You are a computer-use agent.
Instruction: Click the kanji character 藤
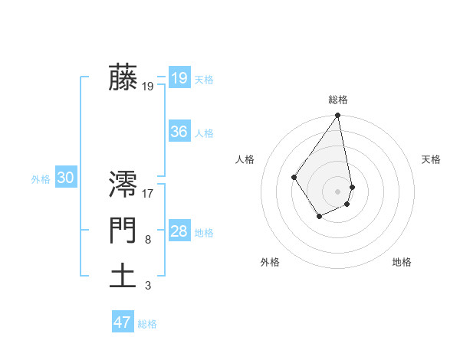[x=123, y=78]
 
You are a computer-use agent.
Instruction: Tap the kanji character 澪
[x=123, y=186]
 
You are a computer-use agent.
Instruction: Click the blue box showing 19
[x=179, y=78]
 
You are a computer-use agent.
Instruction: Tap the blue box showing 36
[x=179, y=132]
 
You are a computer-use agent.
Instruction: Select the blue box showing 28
[x=179, y=231]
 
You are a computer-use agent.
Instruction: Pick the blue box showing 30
[x=65, y=178]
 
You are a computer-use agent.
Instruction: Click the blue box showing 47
[x=123, y=322]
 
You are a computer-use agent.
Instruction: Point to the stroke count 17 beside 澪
[x=149, y=194]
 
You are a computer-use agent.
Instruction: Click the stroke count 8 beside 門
[x=148, y=240]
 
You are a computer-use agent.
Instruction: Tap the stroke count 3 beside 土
[x=148, y=286]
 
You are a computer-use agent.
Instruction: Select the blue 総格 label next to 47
[x=147, y=324]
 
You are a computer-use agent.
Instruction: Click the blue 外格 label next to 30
[x=41, y=179]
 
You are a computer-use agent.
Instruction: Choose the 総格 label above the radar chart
[x=338, y=100]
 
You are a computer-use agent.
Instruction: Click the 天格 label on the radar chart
[x=431, y=159]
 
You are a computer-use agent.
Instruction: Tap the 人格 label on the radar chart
[x=245, y=159]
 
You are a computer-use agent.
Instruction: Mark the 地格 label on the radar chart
[x=402, y=263]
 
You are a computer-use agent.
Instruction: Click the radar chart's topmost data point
[x=338, y=116]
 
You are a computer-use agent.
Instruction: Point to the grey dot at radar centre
[x=338, y=191]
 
